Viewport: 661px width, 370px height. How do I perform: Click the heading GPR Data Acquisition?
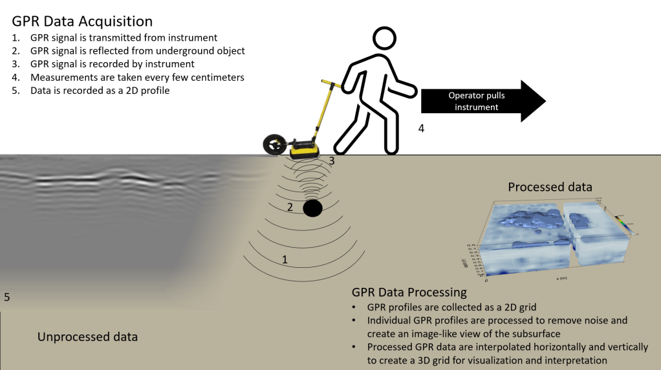point(82,21)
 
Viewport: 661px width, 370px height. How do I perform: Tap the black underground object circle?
point(313,208)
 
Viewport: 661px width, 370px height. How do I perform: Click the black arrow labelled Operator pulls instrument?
point(482,101)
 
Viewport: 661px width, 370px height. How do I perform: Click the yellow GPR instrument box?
point(304,149)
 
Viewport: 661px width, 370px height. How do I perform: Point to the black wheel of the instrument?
point(275,146)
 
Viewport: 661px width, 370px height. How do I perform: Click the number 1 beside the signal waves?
point(284,259)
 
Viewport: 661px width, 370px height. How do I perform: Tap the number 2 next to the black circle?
point(290,207)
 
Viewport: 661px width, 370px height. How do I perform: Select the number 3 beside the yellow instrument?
point(332,160)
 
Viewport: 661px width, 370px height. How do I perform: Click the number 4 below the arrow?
point(421,128)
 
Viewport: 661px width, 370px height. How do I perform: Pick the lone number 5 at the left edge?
point(6,298)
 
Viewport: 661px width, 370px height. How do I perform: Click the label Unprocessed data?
point(87,337)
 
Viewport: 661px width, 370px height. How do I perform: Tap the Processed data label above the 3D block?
point(550,187)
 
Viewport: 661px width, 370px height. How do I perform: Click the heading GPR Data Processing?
point(409,292)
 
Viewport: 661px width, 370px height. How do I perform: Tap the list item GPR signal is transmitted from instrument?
point(124,38)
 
